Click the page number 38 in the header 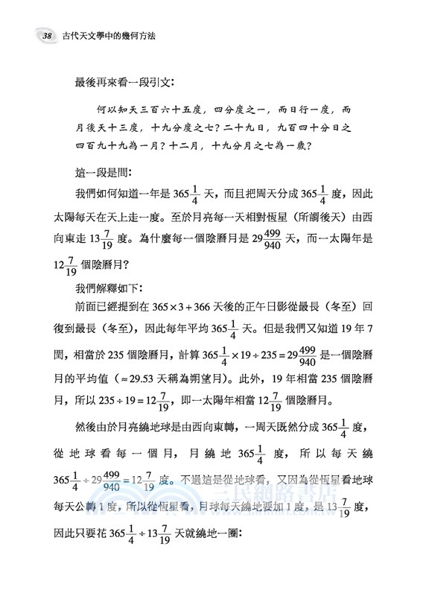pyautogui.click(x=26, y=35)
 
